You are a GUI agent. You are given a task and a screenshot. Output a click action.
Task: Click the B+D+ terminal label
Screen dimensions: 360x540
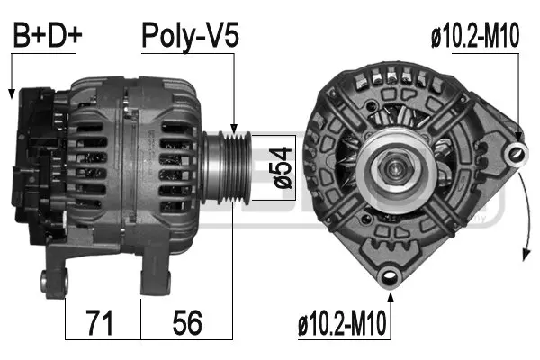[47, 35]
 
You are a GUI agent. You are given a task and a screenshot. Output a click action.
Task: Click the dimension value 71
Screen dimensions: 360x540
[103, 321]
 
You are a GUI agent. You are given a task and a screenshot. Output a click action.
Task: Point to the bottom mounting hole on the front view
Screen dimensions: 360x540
[389, 276]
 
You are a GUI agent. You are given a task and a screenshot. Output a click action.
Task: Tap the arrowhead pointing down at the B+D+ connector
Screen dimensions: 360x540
[10, 93]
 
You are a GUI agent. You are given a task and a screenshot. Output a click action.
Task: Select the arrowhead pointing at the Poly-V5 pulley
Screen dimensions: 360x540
[234, 129]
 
